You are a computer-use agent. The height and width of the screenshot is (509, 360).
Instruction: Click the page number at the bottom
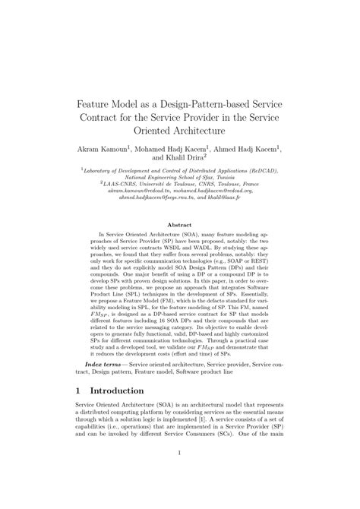[180, 498]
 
